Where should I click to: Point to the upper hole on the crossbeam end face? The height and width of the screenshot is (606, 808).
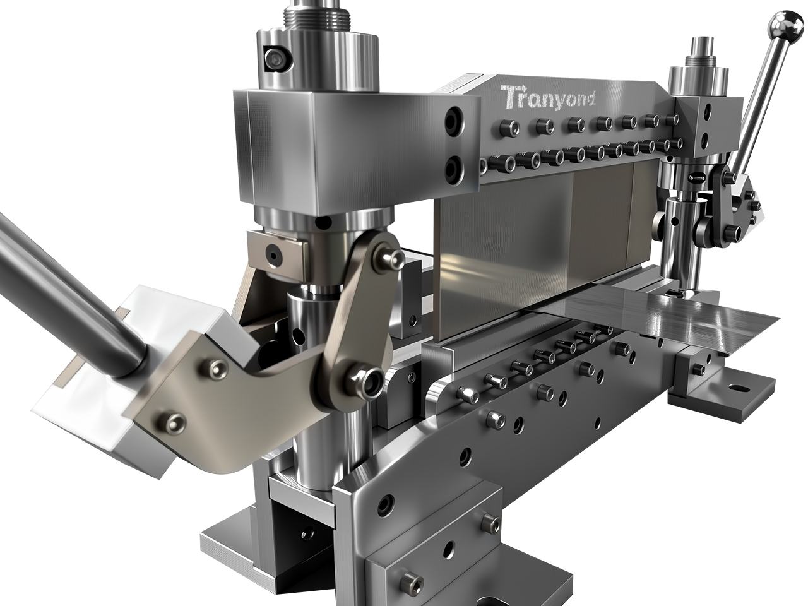[x=453, y=120]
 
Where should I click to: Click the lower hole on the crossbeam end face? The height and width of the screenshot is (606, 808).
[x=453, y=167]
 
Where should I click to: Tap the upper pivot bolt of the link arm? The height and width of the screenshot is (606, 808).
[x=386, y=256]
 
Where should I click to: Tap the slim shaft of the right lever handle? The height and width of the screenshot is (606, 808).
[x=761, y=95]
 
